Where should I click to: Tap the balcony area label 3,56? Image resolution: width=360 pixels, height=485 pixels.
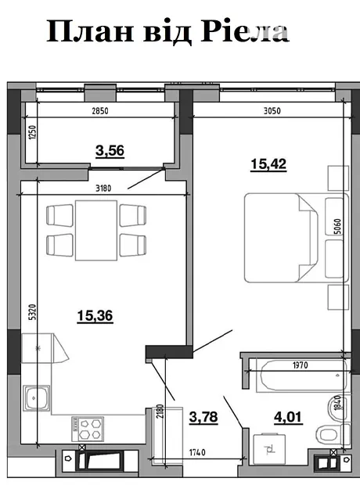pos(110,151)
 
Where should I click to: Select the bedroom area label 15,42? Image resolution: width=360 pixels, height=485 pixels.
pos(268,164)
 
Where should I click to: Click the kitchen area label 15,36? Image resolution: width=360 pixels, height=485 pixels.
pos(95,316)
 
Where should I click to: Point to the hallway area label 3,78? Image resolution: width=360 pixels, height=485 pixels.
pos(203,417)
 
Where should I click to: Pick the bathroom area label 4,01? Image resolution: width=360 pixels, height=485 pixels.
pos(288,417)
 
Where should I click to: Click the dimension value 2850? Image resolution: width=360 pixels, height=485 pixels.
pos(100,111)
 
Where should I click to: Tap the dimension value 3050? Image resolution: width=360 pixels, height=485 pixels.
pos(272,110)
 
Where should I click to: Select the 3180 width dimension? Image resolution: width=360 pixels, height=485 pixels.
pos(103,188)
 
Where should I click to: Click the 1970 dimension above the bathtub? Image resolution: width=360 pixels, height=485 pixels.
pos(301,365)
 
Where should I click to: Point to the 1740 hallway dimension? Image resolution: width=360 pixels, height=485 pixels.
pos(197,452)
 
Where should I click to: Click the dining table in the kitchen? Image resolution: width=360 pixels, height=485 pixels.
pos(96,231)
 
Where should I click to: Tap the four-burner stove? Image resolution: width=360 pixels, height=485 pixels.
pos(88,429)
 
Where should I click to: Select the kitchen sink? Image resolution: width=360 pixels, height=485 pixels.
pos(36,398)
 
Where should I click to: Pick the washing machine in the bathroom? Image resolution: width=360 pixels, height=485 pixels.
pos(269,448)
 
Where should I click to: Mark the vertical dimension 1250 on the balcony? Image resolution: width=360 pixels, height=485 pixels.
pos(32,132)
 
